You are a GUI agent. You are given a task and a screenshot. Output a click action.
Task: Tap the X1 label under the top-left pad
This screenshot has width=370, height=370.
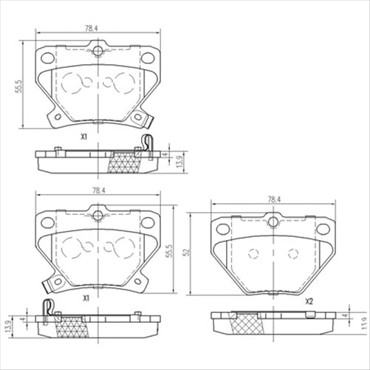point(84,137)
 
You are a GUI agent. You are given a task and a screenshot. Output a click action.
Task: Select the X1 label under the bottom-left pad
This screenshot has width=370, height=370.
point(86,298)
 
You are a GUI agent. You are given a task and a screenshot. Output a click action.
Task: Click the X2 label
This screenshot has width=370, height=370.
point(309,301)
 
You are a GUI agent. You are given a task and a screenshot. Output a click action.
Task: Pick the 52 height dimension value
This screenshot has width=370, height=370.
point(188,252)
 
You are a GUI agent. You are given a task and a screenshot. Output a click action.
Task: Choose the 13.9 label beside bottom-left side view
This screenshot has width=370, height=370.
point(10,326)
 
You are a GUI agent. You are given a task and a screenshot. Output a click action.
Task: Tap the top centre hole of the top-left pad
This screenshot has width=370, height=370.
point(97,52)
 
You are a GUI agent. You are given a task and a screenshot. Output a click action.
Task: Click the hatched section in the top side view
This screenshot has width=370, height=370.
point(125,162)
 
